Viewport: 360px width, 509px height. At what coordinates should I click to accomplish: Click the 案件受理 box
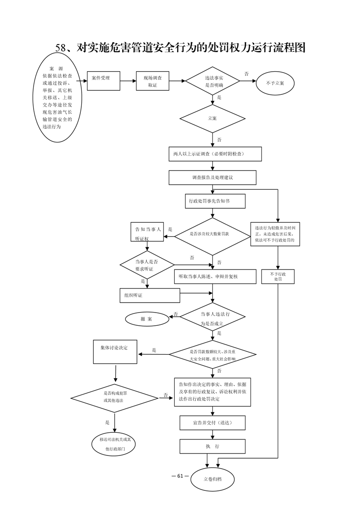point(104,81)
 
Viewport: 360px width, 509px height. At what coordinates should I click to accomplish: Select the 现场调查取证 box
point(153,81)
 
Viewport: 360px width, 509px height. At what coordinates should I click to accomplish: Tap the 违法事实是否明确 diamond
point(212,81)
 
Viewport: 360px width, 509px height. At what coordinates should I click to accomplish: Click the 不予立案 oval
point(275,83)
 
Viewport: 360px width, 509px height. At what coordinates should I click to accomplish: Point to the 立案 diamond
point(212,118)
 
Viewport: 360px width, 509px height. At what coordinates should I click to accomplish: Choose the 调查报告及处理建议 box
point(212,177)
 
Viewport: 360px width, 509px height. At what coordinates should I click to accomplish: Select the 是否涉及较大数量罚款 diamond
point(212,234)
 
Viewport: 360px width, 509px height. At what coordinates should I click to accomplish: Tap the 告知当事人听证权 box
point(147,232)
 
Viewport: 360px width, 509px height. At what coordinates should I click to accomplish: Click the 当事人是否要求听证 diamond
point(147,265)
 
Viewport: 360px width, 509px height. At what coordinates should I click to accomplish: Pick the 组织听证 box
point(150,295)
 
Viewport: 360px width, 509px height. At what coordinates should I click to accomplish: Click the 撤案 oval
point(147,319)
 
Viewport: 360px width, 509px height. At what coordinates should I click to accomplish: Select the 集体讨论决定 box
point(115,352)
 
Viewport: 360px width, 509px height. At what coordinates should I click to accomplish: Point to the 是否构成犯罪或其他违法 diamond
point(115,396)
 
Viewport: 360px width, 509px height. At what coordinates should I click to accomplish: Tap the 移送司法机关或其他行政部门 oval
point(115,445)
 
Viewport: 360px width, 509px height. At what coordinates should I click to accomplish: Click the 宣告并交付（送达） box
point(212,423)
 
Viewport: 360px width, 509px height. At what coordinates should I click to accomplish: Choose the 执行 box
point(212,446)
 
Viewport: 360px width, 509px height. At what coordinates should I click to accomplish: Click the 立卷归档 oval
point(212,479)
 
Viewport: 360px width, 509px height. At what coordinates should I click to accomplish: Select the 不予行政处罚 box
point(278,277)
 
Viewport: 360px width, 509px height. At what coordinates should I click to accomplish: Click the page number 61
point(180,476)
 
